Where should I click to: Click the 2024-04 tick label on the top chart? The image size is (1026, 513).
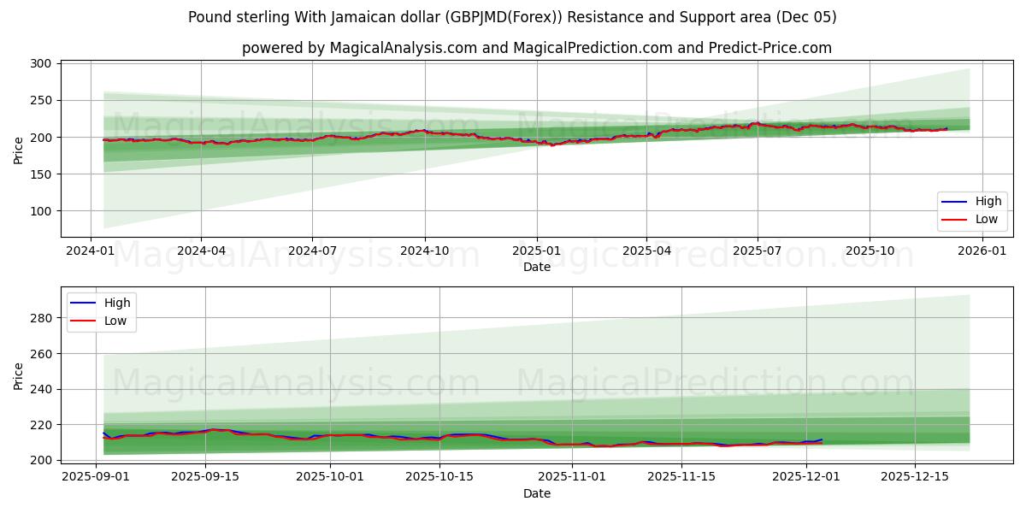point(201,251)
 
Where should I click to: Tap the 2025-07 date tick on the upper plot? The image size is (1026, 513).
point(758,251)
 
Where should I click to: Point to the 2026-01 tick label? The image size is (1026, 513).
point(982,251)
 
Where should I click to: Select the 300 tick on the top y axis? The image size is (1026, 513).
point(41,63)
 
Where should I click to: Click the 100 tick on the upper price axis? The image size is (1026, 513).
point(41,211)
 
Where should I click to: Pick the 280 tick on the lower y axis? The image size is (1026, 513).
point(41,318)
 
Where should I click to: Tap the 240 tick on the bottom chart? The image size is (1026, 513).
point(41,389)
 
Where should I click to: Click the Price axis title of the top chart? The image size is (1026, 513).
point(19,149)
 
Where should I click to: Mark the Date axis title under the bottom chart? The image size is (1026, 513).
point(536,493)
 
